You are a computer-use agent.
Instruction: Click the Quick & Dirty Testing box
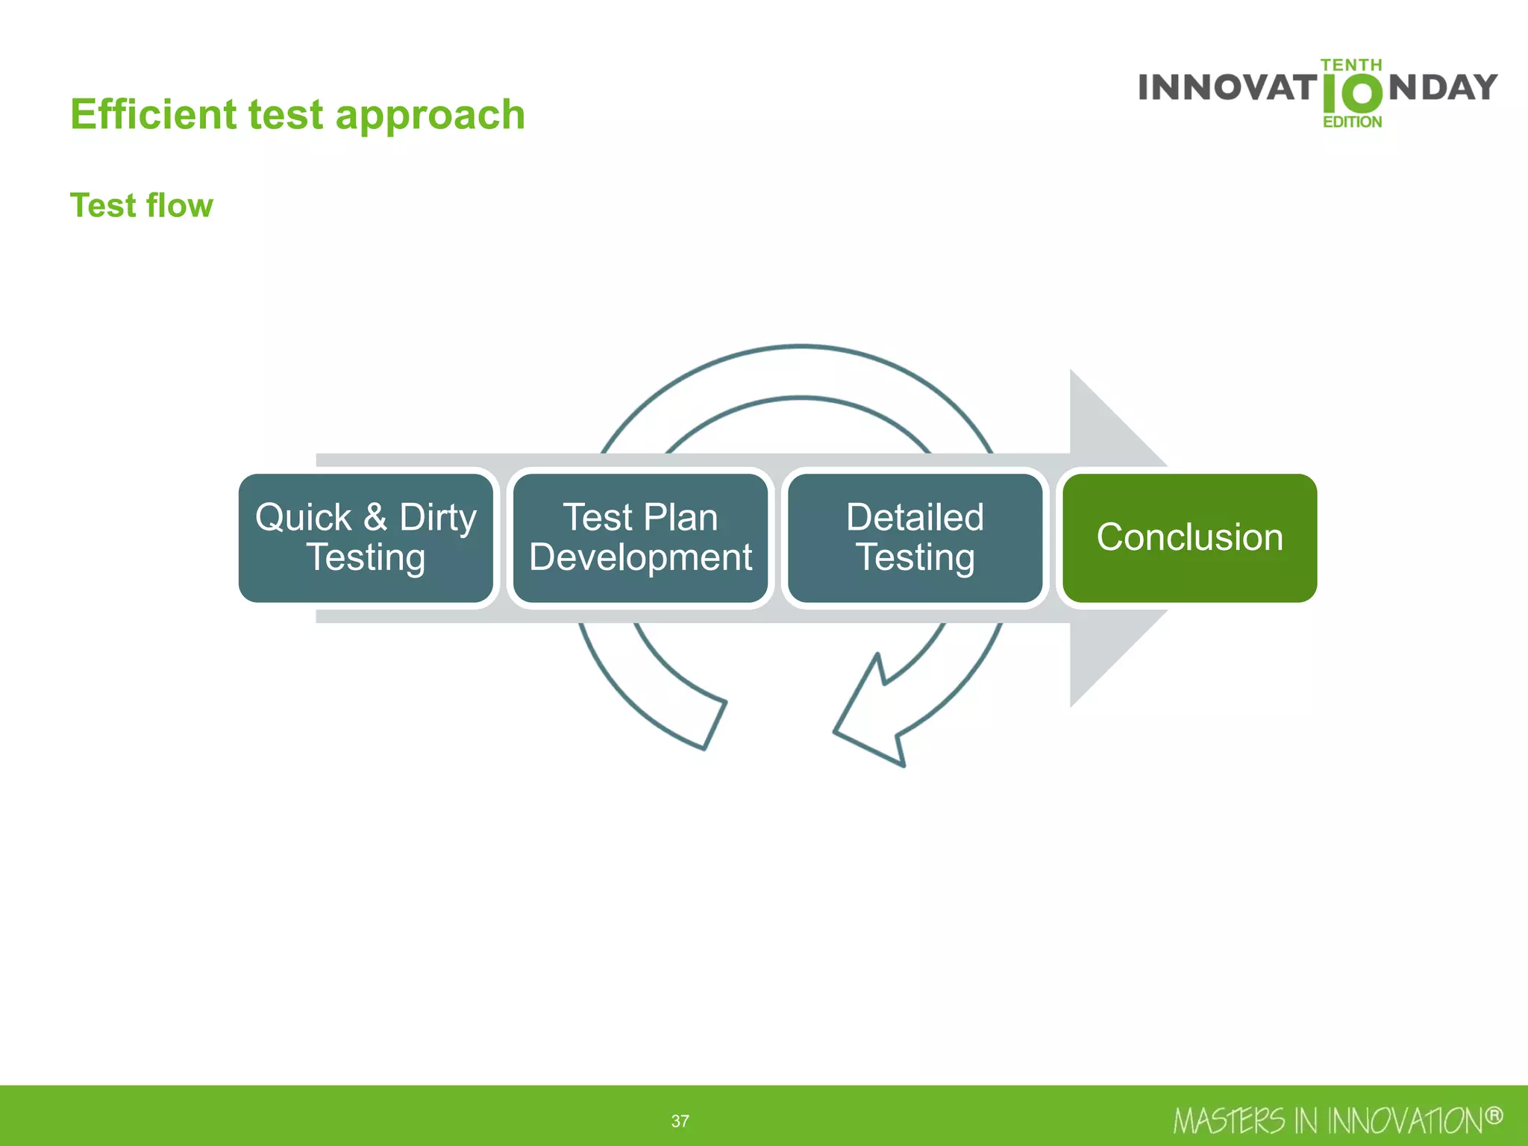click(x=366, y=537)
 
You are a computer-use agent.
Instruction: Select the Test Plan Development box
click(x=640, y=537)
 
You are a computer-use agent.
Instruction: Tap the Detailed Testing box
click(x=915, y=537)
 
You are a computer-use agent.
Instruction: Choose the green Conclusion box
click(x=1189, y=537)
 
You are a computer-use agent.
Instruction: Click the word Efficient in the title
click(x=153, y=115)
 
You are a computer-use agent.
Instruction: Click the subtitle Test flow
click(x=141, y=205)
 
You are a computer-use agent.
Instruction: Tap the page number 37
click(x=680, y=1121)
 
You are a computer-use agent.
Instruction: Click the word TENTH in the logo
click(x=1351, y=66)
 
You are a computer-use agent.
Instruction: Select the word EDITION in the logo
click(x=1352, y=122)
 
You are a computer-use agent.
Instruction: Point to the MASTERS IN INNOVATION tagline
click(x=1328, y=1121)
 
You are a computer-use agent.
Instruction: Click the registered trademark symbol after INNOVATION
click(x=1493, y=1116)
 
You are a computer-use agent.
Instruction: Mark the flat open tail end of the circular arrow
click(x=714, y=724)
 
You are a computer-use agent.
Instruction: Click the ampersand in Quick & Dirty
click(x=375, y=517)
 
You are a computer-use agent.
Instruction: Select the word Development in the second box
click(x=640, y=557)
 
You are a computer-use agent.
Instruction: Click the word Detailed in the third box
click(x=915, y=517)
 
